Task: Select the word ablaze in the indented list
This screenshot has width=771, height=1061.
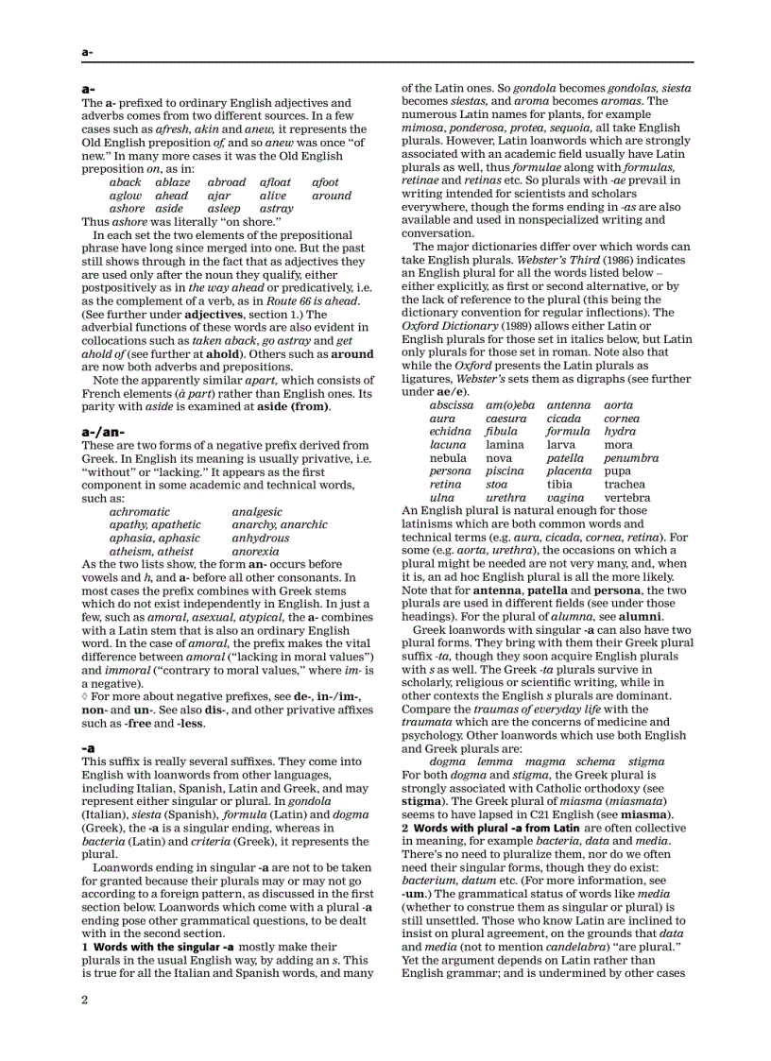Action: [x=172, y=182]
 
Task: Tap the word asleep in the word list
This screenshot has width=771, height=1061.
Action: [x=224, y=209]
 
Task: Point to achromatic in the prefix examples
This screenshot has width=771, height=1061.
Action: [x=140, y=511]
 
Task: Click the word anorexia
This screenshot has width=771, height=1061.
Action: [x=255, y=551]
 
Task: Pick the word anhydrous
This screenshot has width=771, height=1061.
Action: [x=261, y=538]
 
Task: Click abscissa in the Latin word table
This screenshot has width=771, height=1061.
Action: [x=451, y=405]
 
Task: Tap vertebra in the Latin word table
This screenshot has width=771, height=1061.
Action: [x=627, y=498]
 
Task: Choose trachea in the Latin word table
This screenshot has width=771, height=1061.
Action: [x=625, y=485]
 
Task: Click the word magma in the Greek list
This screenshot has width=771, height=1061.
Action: [x=545, y=762]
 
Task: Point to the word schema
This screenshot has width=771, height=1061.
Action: [x=595, y=762]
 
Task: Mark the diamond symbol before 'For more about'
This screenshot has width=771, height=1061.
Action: [x=85, y=696]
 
